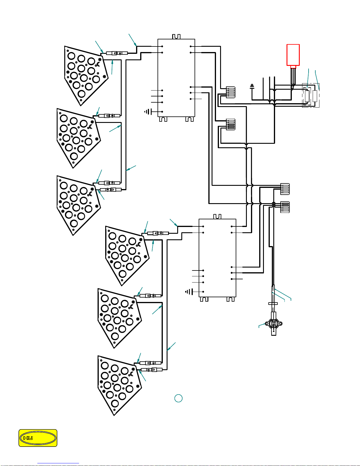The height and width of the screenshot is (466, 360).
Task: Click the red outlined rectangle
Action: point(293,55)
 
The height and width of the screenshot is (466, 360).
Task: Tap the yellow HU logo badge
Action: point(38,438)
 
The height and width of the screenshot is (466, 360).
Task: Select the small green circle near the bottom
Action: point(178,398)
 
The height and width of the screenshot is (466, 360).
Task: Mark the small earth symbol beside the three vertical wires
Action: point(252,86)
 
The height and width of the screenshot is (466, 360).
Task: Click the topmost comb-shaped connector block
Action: point(231,92)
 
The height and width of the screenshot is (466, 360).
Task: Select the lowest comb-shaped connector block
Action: point(285,207)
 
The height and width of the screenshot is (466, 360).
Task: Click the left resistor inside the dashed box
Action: point(307,96)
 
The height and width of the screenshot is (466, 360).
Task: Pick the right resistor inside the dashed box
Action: point(315,96)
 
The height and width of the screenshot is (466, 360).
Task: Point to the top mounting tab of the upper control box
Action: point(176,36)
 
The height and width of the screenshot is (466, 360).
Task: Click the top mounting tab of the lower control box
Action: point(217,216)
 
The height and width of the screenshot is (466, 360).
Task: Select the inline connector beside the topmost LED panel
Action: point(117,53)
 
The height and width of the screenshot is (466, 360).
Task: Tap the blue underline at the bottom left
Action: point(58,463)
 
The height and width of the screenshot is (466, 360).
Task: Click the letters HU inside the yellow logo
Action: point(28,438)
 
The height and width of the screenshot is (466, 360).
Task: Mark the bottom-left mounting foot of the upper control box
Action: point(163,119)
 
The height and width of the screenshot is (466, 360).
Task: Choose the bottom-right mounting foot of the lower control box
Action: point(231,299)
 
